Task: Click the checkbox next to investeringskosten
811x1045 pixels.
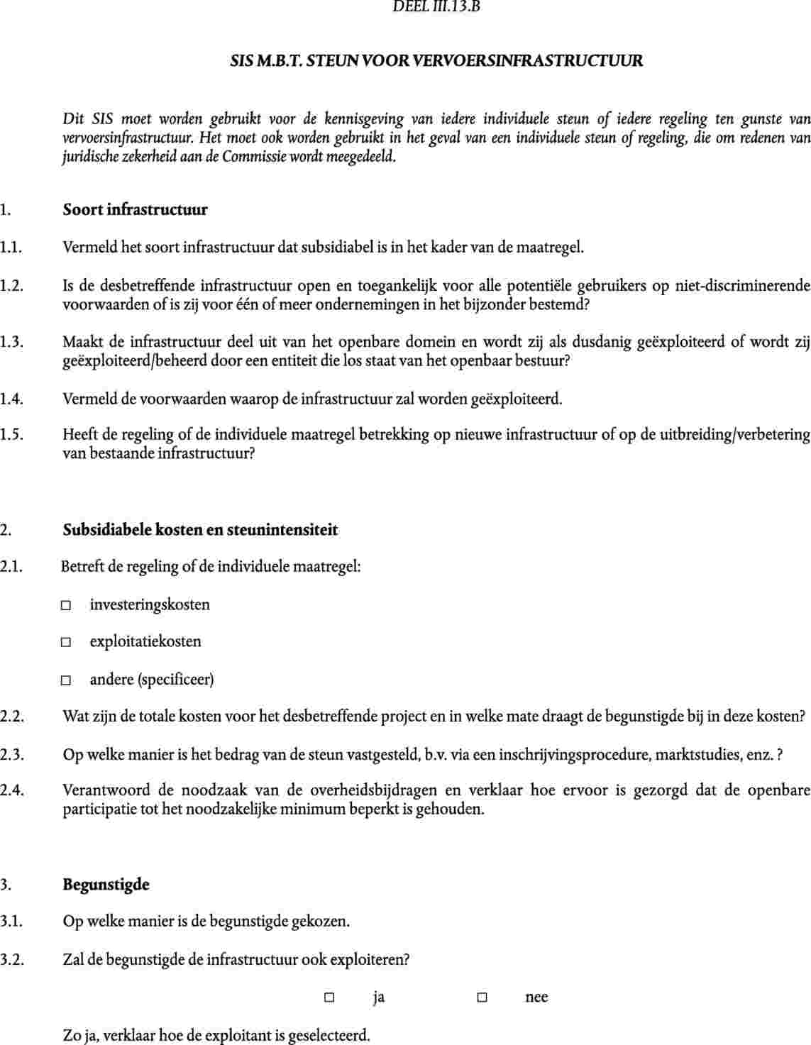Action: pyautogui.click(x=66, y=606)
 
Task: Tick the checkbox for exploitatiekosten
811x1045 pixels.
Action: pyautogui.click(x=66, y=643)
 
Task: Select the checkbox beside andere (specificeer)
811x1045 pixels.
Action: pyautogui.click(x=66, y=680)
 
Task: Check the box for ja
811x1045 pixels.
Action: pyautogui.click(x=329, y=997)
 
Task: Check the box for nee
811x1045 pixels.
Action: pyautogui.click(x=482, y=997)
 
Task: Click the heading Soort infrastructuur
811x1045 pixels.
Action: pyautogui.click(x=135, y=210)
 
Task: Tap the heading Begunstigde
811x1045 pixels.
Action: pyautogui.click(x=106, y=885)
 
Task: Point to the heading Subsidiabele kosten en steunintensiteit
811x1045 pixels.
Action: pyautogui.click(x=200, y=530)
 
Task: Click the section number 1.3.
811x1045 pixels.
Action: pyautogui.click(x=11, y=343)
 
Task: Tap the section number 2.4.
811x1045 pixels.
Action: pyautogui.click(x=11, y=790)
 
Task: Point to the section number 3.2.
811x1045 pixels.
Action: pyautogui.click(x=11, y=961)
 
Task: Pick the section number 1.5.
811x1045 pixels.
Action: pyautogui.click(x=11, y=435)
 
